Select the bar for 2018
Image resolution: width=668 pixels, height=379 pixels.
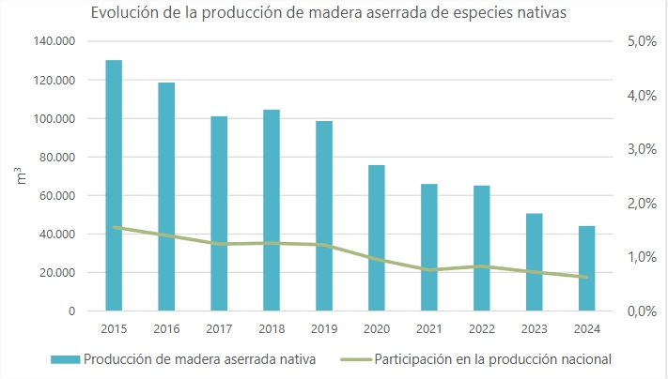point(272,210)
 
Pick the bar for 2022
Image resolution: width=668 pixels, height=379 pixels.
point(482,248)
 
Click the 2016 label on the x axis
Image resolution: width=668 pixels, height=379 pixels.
point(166,327)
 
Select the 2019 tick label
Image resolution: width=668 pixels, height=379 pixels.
point(324,327)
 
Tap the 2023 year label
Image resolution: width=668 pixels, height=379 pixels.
point(535,327)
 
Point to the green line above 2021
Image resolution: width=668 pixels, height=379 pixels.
point(429,269)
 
